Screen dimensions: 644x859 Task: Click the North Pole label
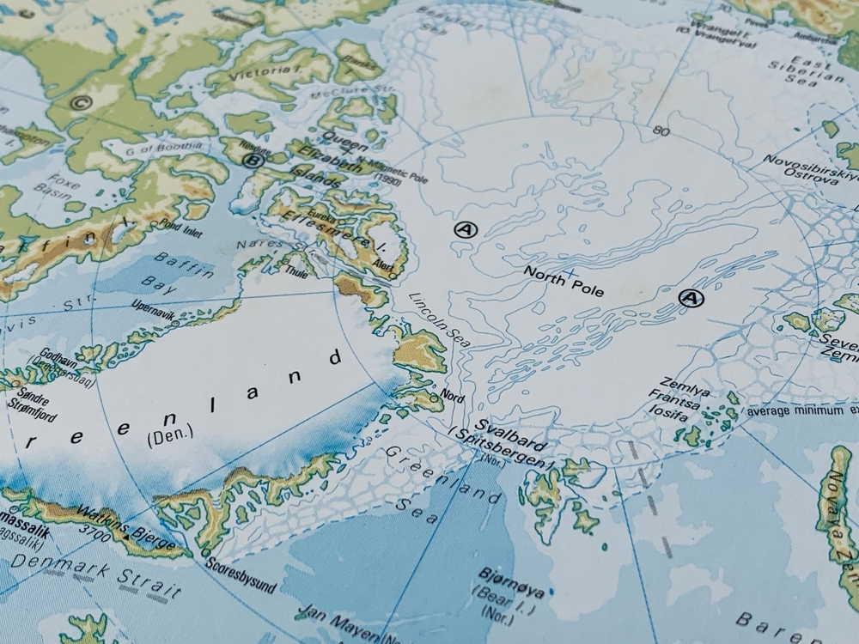[564, 282]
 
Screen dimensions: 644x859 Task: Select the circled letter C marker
[82, 104]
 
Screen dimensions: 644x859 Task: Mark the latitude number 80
[661, 131]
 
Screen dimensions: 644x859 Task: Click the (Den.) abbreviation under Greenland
[171, 436]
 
